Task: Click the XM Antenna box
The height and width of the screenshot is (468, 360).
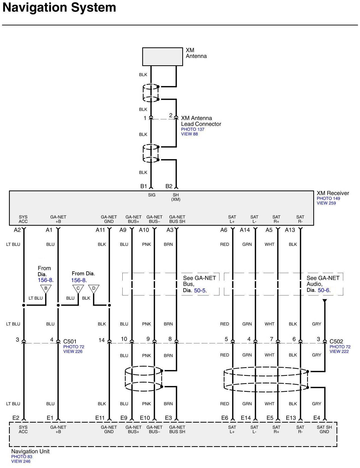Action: tap(162, 57)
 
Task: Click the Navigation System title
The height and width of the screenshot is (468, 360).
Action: tap(59, 8)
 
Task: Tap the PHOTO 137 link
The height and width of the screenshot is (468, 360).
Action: tap(193, 129)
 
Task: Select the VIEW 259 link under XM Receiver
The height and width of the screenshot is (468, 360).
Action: tap(326, 203)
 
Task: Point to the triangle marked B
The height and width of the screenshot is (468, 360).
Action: tap(46, 288)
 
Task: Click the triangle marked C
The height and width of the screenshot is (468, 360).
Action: tap(78, 288)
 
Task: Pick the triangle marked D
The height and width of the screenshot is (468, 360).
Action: tap(94, 288)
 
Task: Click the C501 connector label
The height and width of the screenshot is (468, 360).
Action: tap(70, 341)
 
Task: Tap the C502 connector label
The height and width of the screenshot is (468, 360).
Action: tap(336, 341)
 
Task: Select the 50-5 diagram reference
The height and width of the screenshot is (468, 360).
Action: tap(200, 290)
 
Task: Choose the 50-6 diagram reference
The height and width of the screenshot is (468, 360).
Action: tap(324, 290)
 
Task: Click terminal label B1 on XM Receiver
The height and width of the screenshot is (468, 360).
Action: tap(144, 186)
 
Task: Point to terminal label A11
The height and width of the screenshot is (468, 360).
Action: tap(100, 230)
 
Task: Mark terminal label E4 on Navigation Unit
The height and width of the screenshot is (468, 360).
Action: tap(317, 418)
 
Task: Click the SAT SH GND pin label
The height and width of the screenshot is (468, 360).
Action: tap(324, 429)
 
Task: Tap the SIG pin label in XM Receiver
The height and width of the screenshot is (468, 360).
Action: tap(152, 195)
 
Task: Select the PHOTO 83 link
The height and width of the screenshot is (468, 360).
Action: tap(22, 457)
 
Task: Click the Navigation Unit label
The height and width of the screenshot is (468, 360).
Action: tap(30, 451)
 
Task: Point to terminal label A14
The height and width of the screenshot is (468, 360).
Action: tap(245, 230)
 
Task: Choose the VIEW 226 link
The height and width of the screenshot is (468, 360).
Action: tap(73, 351)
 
